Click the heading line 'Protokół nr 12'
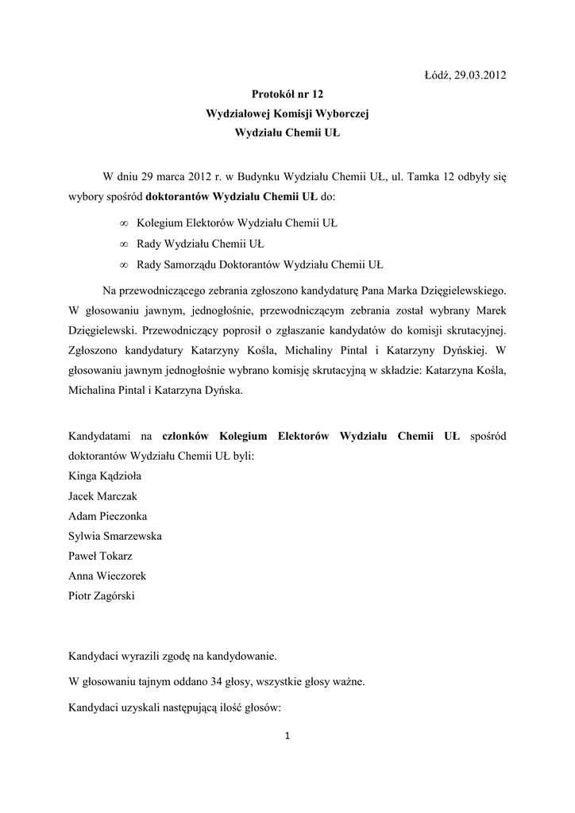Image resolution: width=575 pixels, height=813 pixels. [x=287, y=94]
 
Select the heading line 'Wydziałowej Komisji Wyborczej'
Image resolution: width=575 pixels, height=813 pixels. [x=287, y=114]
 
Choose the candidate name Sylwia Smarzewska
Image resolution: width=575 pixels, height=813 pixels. [x=115, y=536]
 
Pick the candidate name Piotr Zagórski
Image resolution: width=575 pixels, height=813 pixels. [x=102, y=595]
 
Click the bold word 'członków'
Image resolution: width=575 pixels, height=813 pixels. [x=187, y=436]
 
